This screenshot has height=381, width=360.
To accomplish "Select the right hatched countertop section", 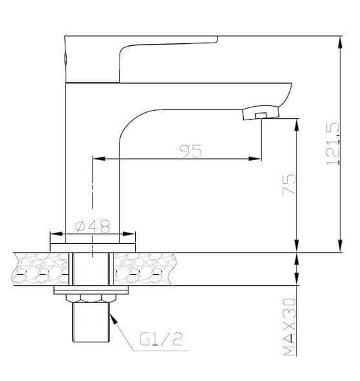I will (145, 268).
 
